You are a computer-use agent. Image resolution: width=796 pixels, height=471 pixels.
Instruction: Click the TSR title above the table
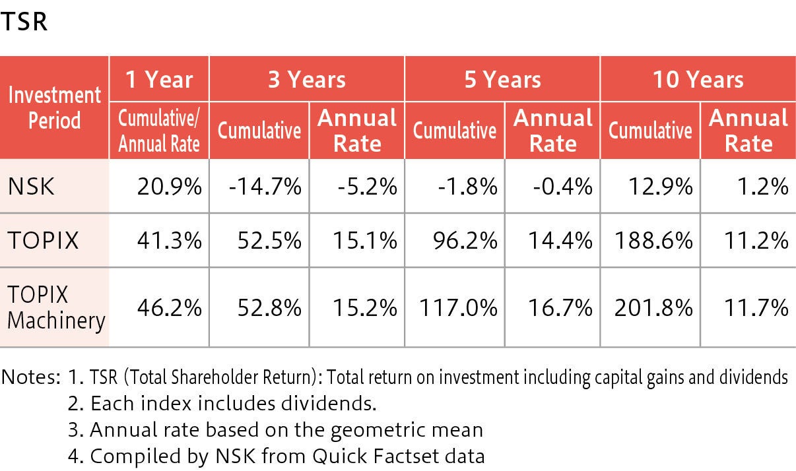(24, 21)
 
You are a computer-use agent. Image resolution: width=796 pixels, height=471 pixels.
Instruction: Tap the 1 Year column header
(159, 79)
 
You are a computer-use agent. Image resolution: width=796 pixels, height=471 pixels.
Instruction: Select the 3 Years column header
(307, 79)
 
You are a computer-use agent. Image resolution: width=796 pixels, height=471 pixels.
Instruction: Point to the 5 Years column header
(502, 79)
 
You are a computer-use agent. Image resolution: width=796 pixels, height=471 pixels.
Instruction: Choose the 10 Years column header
(698, 79)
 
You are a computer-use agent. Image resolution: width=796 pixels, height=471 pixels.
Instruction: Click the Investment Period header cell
(54, 108)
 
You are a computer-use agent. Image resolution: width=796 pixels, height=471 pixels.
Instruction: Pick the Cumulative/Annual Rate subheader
(159, 131)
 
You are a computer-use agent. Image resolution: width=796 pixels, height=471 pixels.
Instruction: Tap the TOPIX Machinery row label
(55, 307)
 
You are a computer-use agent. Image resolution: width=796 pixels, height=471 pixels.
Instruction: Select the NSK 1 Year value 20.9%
(170, 187)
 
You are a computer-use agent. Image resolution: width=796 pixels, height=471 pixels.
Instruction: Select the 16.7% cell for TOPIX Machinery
(560, 307)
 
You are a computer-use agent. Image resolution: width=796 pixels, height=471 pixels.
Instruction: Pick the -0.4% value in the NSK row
(562, 187)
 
